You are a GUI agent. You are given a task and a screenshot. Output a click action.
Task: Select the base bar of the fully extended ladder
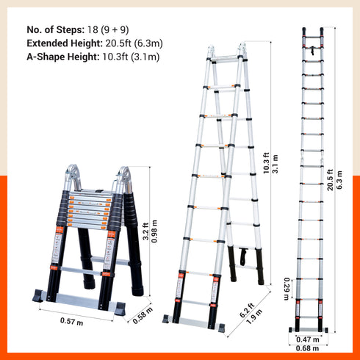[x=309, y=328]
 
